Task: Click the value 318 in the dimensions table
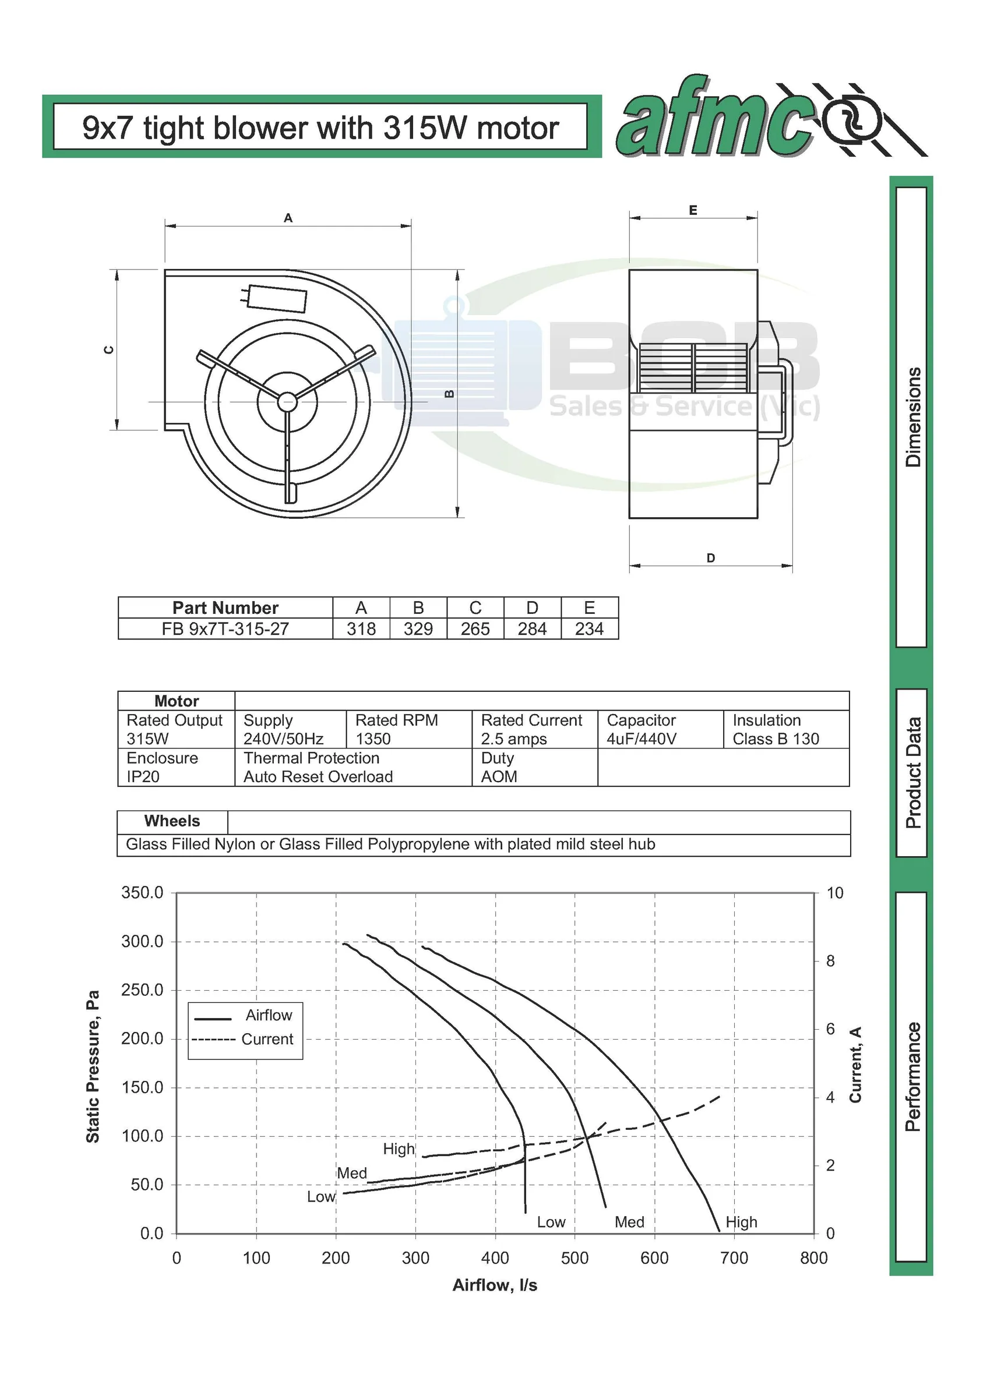[x=361, y=628]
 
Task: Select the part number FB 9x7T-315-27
[x=225, y=628]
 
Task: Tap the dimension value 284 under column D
[x=532, y=628]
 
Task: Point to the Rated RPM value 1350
[x=373, y=738]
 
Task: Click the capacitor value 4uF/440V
[x=641, y=738]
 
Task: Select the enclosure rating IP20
[x=143, y=776]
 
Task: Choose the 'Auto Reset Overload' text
[x=318, y=776]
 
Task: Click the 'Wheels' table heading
[x=172, y=821]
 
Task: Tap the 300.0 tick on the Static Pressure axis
[x=142, y=942]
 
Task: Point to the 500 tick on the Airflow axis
[x=574, y=1258]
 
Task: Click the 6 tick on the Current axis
[x=830, y=1029]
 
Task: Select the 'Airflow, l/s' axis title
[x=495, y=1285]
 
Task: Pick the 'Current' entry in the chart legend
[x=267, y=1039]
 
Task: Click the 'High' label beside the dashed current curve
[x=399, y=1149]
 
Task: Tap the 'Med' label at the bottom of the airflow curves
[x=629, y=1222]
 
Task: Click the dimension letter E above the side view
[x=693, y=210]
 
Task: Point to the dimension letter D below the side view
[x=710, y=557]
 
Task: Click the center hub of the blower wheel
[x=287, y=401]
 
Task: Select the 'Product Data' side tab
[x=912, y=773]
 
